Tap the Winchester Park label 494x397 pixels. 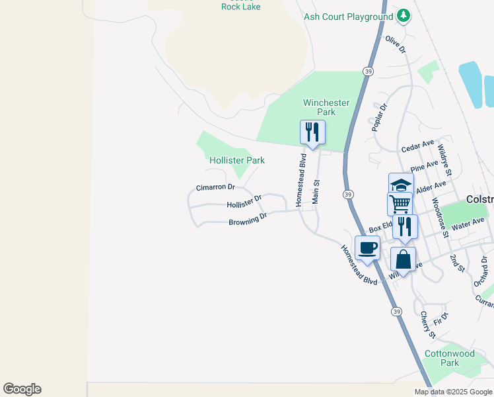[x=326, y=107]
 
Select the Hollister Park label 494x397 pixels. [x=236, y=160]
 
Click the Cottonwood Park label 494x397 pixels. [x=450, y=358]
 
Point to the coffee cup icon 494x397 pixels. [x=368, y=248]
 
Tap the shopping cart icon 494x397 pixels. [x=400, y=204]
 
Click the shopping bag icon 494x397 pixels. [x=403, y=259]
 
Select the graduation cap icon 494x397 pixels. [x=400, y=185]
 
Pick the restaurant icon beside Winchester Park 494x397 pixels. [x=312, y=132]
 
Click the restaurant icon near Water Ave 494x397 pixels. [x=405, y=226]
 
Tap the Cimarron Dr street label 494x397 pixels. [x=215, y=188]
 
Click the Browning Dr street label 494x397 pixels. [x=248, y=219]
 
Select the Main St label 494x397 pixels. [x=316, y=192]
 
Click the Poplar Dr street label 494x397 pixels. [x=379, y=117]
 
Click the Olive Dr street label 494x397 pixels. [x=394, y=46]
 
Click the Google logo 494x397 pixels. [x=22, y=389]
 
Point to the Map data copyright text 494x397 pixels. [x=454, y=392]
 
